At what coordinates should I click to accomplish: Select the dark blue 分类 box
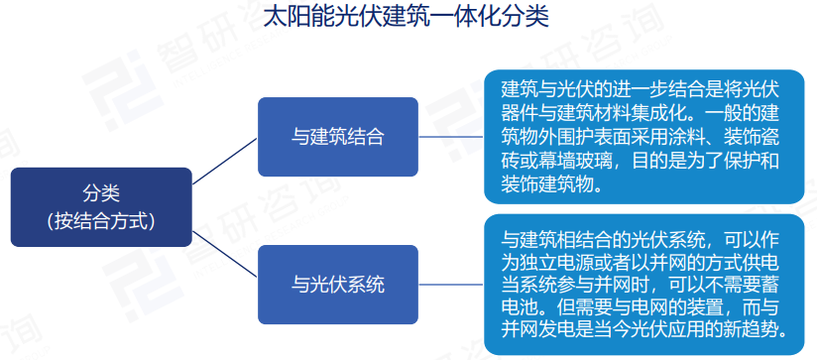100,205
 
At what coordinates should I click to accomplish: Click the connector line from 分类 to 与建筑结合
225,161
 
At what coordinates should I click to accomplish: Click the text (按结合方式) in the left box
100,220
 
